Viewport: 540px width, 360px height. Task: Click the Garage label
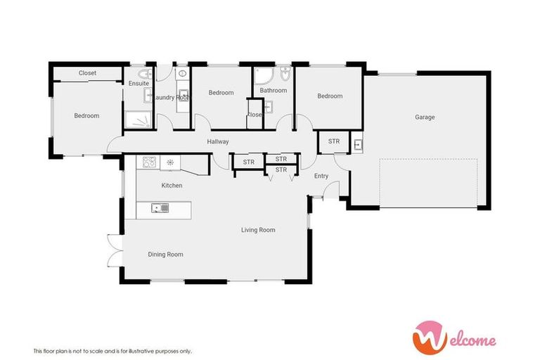[x=424, y=117]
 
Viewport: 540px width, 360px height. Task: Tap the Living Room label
[x=258, y=230]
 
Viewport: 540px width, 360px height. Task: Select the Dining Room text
[x=165, y=254]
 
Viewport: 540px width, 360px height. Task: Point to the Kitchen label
[x=172, y=186]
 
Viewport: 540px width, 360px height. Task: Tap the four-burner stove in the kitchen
[x=149, y=163]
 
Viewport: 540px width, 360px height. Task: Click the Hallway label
[x=218, y=142]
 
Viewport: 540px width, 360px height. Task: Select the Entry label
[x=321, y=176]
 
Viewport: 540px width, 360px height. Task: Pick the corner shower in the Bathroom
[x=263, y=76]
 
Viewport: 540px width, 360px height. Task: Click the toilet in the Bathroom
[x=284, y=74]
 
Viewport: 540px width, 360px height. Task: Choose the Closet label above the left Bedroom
[x=87, y=73]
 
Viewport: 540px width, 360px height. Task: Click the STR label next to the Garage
[x=334, y=141]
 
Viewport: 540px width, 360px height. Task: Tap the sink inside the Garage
[x=358, y=145]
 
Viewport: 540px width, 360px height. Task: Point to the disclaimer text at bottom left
[x=112, y=351]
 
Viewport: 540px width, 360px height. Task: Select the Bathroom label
[x=273, y=91]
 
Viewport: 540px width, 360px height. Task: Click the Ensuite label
[x=139, y=84]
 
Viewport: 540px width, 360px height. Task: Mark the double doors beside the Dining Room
[x=112, y=250]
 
